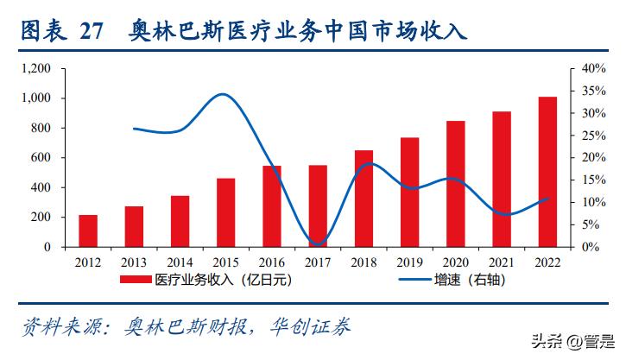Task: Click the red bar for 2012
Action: pyautogui.click(x=88, y=231)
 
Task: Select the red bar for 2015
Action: pyautogui.click(x=225, y=212)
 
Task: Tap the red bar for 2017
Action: pyautogui.click(x=318, y=205)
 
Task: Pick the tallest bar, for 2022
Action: pyautogui.click(x=547, y=172)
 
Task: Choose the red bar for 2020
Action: pyautogui.click(x=456, y=184)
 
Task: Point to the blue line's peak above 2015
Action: pyautogui.click(x=223, y=94)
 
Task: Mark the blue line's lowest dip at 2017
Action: pyautogui.click(x=317, y=244)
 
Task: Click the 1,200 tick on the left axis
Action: pyautogui.click(x=35, y=69)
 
